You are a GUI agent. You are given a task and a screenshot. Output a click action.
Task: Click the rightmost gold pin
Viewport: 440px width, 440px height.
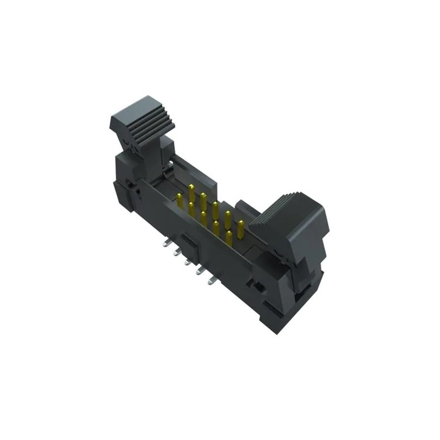tap(240, 227)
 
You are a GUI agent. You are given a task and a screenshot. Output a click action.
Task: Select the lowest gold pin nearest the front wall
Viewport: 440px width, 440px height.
tap(228, 237)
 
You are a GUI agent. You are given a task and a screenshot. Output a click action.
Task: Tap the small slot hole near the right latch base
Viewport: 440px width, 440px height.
tap(255, 285)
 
